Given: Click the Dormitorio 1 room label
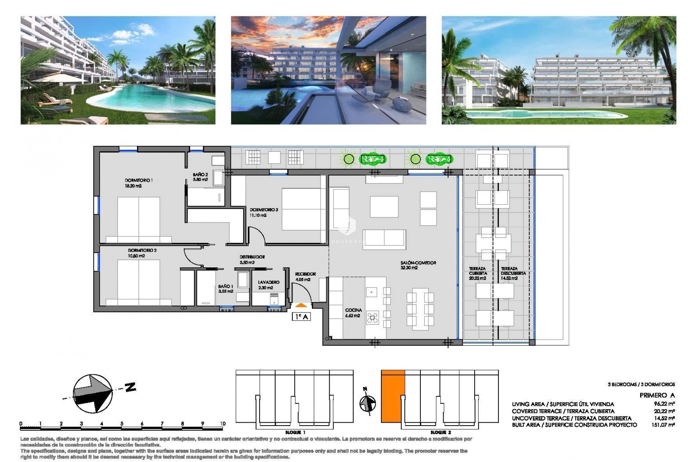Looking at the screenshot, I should click(x=133, y=180).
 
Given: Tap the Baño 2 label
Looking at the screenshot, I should click(x=200, y=174).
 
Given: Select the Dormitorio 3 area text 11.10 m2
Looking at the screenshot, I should click(x=258, y=215).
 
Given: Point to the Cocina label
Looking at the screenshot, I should click(x=353, y=310).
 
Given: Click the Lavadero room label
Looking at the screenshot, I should click(x=269, y=282).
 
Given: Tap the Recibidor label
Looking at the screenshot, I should click(x=305, y=274).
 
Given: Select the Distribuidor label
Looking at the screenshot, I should click(x=252, y=257).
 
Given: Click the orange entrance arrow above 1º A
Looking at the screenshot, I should click(x=301, y=305).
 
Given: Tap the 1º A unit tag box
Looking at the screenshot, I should click(x=301, y=317).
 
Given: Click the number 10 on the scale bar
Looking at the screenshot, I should click(x=222, y=424).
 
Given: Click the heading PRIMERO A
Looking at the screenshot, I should click(x=657, y=395).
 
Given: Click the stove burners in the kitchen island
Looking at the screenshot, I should click(x=372, y=318).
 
